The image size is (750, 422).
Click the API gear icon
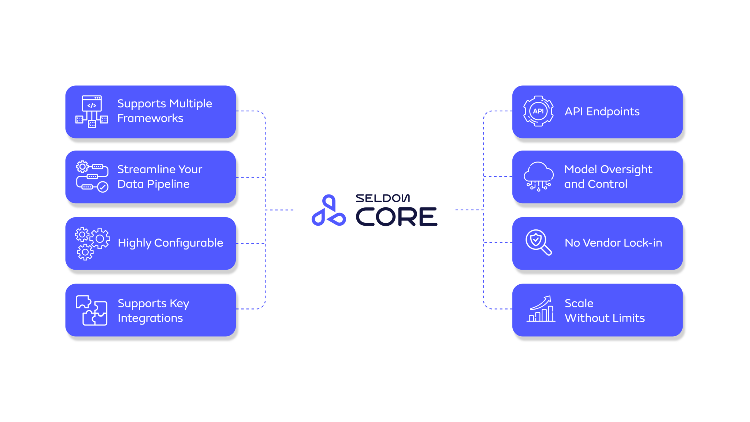click(538, 111)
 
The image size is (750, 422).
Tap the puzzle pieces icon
click(92, 310)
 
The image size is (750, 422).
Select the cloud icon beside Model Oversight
click(538, 177)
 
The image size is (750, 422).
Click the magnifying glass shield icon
click(538, 242)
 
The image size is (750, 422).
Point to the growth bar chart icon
click(541, 309)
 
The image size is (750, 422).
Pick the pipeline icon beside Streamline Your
click(92, 177)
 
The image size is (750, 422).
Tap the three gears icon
click(92, 243)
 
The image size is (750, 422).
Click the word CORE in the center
click(396, 217)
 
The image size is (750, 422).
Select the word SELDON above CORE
click(383, 199)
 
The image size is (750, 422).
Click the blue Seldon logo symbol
click(328, 211)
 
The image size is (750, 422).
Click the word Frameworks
click(150, 119)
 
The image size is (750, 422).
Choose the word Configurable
click(189, 243)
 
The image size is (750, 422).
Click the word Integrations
click(150, 318)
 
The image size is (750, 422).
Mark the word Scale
click(579, 303)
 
